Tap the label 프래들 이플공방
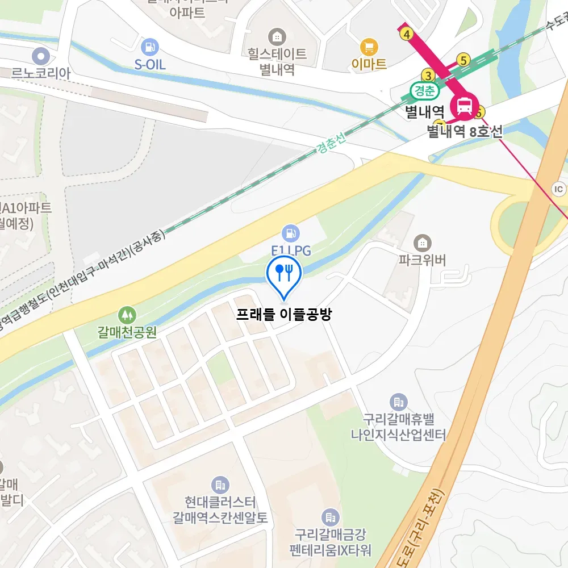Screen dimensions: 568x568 283,314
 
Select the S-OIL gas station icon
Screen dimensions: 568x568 150,47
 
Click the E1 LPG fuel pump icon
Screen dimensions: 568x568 291,232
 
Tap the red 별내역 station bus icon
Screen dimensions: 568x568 465,106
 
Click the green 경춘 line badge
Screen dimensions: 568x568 423,90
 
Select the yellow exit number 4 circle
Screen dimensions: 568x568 406,34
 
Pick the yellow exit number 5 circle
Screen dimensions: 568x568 464,60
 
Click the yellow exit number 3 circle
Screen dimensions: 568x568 428,75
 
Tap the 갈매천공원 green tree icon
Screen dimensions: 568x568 127,314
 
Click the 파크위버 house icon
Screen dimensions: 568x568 422,243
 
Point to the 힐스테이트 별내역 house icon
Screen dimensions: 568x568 277,37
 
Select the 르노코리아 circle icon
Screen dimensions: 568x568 41,56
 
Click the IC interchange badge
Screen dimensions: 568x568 559,189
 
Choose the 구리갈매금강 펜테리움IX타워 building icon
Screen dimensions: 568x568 329,517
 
